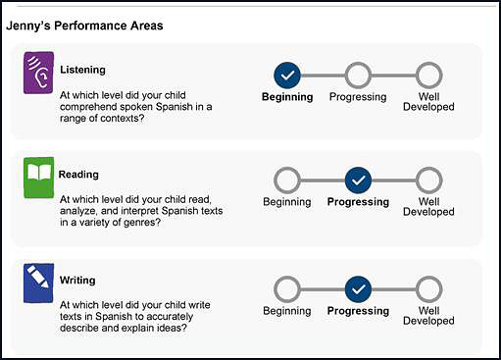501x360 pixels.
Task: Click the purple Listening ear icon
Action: [38, 74]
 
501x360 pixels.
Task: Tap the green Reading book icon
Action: [38, 178]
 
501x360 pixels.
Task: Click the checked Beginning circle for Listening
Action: [287, 75]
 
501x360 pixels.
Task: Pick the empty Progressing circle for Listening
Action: [358, 75]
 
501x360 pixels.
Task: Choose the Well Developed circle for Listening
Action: [428, 75]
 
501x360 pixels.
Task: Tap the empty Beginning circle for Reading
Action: [287, 180]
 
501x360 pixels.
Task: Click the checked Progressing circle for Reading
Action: [358, 180]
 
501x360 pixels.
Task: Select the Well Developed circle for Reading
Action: [428, 180]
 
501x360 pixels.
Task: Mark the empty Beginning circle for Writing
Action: [287, 288]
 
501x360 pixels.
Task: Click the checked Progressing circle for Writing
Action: [358, 288]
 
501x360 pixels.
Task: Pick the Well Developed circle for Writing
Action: [428, 288]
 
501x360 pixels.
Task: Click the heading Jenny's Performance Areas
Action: [84, 25]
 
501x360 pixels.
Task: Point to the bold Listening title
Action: [82, 71]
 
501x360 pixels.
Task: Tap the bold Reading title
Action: [78, 175]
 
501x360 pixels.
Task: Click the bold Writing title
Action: [77, 280]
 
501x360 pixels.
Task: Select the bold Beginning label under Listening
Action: [287, 97]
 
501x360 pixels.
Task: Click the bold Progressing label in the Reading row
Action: [358, 202]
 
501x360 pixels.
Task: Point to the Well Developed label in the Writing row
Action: [428, 316]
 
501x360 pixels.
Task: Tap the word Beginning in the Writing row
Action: [287, 311]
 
